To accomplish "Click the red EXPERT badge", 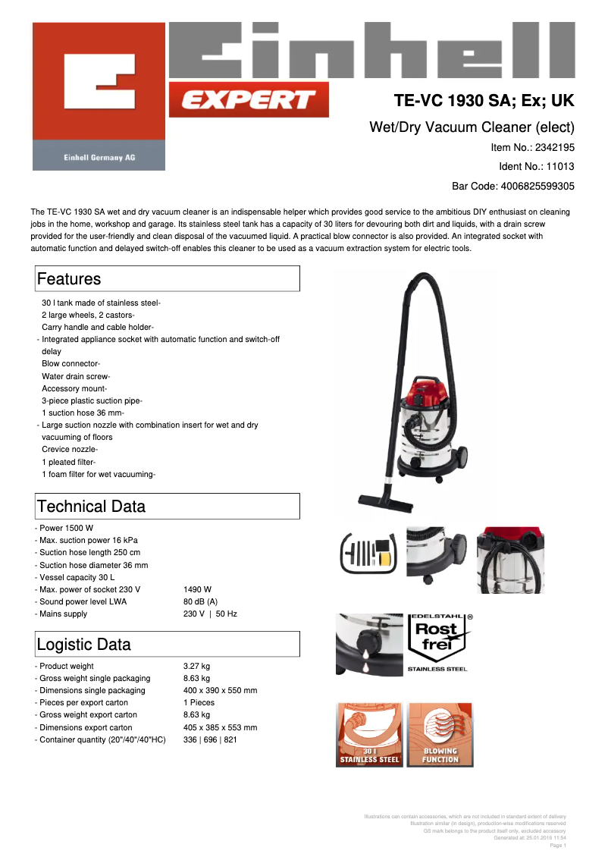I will tap(249, 99).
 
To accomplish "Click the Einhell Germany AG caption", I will tap(99, 157).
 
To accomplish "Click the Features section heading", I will tap(69, 279).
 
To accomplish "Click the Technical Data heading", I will tap(91, 507).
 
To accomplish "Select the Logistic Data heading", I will tap(83, 645).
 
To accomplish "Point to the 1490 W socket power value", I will tap(197, 589).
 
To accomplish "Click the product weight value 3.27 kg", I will tap(196, 667).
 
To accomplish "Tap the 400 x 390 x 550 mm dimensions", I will tap(220, 691).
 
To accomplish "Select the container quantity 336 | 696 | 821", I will tap(210, 739).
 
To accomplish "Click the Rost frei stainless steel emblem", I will tap(439, 642).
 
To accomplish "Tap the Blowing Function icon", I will tap(440, 735).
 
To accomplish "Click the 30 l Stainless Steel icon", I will tap(369, 735).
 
